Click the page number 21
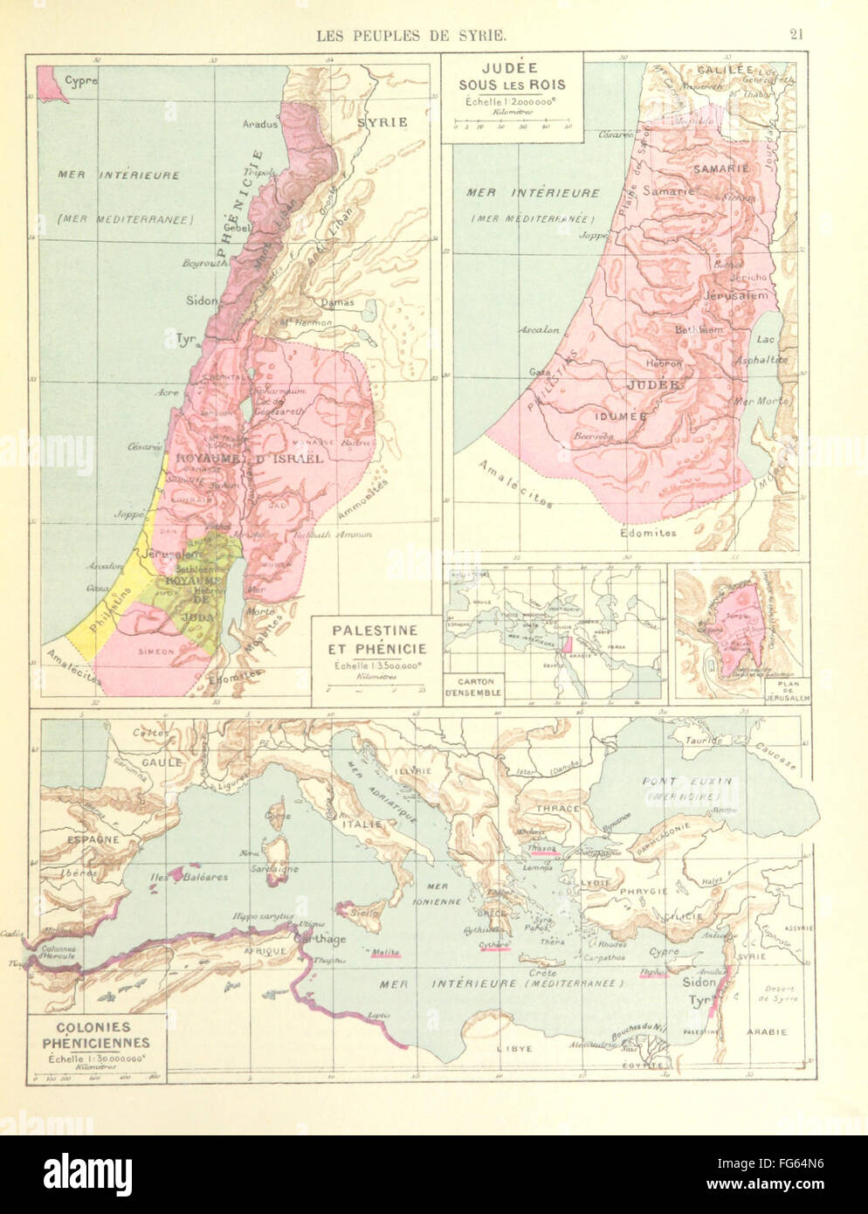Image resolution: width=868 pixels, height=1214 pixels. click(795, 36)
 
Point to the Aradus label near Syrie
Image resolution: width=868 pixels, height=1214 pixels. click(260, 124)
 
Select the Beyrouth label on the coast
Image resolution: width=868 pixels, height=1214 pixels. click(203, 261)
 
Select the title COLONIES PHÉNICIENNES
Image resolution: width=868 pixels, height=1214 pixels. click(87, 1035)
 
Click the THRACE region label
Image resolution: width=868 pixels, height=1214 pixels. click(558, 809)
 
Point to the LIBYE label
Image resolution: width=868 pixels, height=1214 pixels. click(499, 1047)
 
